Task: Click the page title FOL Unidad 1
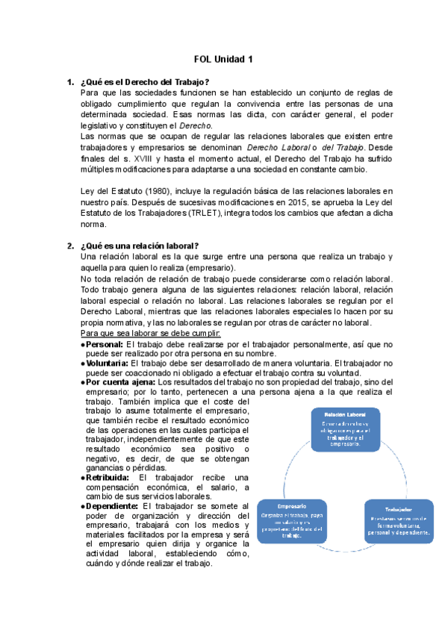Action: click(x=223, y=59)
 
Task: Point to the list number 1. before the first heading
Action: click(x=69, y=81)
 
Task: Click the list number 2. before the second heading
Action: click(x=69, y=246)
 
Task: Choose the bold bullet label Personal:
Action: click(x=105, y=344)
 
